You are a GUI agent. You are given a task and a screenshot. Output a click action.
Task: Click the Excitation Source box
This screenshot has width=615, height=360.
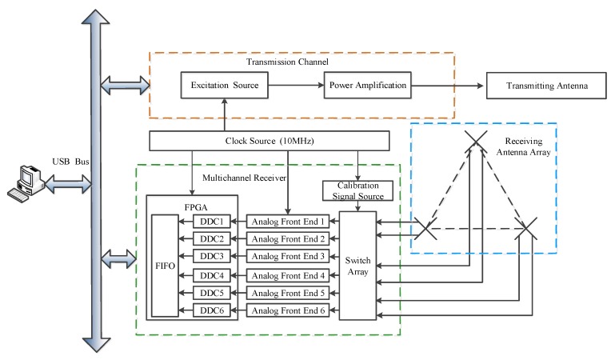click(x=225, y=85)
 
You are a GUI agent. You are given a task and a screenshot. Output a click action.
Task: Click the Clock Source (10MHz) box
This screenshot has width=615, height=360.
click(x=270, y=142)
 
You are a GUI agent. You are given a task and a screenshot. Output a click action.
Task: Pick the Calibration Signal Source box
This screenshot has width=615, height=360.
click(x=357, y=191)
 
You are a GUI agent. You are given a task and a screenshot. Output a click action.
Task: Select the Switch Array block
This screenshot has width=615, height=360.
click(x=357, y=266)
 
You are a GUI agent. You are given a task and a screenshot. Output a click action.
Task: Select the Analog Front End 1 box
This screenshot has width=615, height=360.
click(x=287, y=221)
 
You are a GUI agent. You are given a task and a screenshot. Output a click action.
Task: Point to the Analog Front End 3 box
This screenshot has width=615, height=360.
click(x=287, y=257)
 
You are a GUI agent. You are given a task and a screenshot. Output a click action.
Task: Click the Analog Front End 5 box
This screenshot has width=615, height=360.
click(x=287, y=293)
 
